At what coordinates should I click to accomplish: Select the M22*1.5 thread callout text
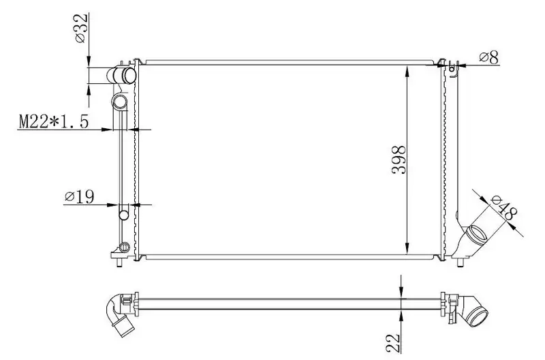(54, 121)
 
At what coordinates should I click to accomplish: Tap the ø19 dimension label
(79, 197)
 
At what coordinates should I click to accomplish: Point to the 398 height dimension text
(399, 160)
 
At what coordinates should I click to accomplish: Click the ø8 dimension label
(489, 57)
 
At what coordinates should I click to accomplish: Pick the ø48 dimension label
(504, 208)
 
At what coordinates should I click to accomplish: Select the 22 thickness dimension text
(393, 342)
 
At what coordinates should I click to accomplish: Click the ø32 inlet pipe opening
(129, 76)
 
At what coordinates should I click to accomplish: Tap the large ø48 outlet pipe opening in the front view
(476, 236)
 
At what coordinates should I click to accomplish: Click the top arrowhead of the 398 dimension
(407, 72)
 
